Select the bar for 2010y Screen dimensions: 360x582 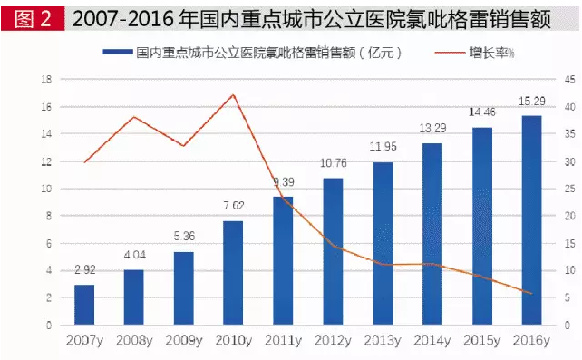(233, 272)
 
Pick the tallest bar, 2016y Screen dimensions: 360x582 (531, 220)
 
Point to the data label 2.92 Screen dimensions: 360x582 (84, 270)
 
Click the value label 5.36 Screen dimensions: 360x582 (184, 238)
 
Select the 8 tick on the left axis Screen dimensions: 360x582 (47, 216)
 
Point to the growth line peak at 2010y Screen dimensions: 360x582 (234, 94)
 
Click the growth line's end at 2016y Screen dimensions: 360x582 (531, 293)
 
